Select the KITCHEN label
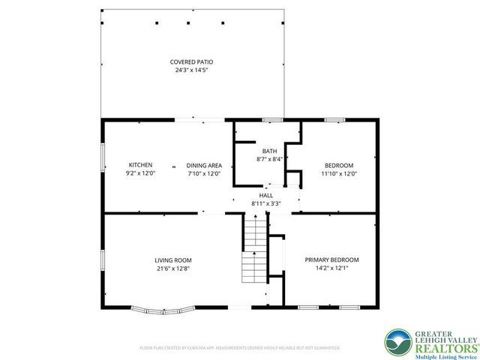click(140, 165)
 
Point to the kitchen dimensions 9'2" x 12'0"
click(140, 174)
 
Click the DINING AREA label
click(204, 165)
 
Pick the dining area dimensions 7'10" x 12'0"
click(204, 174)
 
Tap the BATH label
click(269, 150)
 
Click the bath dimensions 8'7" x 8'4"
click(269, 159)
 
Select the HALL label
click(266, 195)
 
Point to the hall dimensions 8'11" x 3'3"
click(266, 203)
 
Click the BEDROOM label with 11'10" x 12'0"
click(339, 165)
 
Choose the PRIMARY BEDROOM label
click(331, 259)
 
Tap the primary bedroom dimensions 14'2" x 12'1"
click(331, 268)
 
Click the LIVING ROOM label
click(173, 259)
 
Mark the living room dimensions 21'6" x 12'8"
click(173, 268)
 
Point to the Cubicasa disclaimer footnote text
click(240, 348)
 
